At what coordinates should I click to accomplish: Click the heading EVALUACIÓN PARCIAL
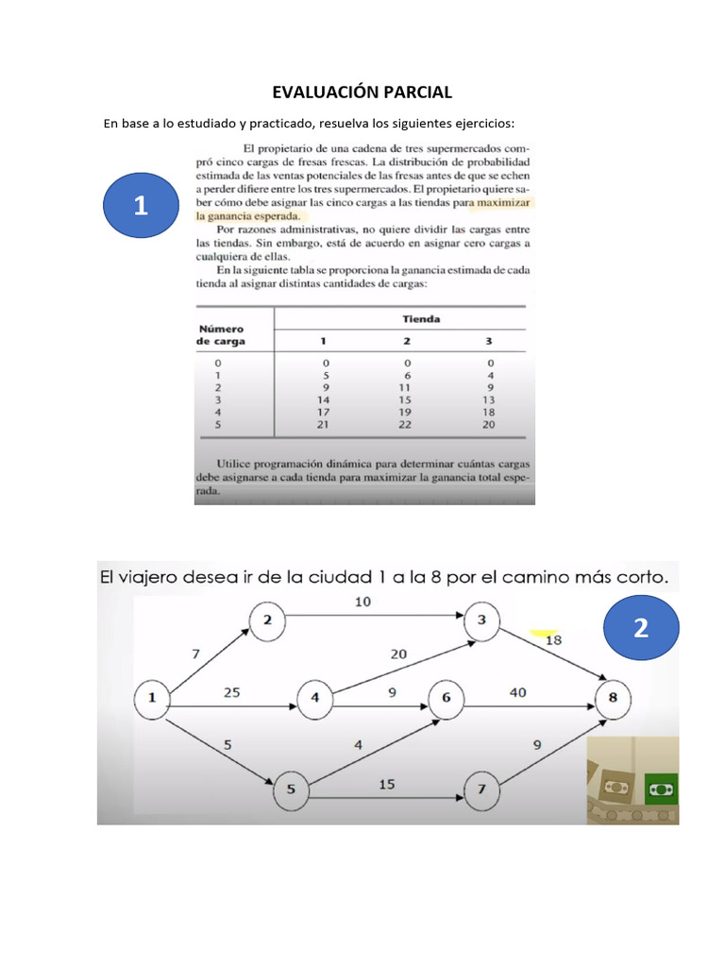(x=362, y=92)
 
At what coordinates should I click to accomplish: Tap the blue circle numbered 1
(x=141, y=206)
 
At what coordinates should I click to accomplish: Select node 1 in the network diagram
(x=152, y=699)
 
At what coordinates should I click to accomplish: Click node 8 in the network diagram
(x=613, y=699)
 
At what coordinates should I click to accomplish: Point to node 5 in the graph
(x=291, y=789)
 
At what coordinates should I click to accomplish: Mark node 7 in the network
(x=481, y=789)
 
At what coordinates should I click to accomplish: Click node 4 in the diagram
(x=314, y=699)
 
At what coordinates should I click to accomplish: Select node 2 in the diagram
(x=267, y=619)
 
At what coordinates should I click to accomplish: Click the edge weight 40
(x=517, y=691)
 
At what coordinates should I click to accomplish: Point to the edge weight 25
(x=231, y=691)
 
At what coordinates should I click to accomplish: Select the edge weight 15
(x=387, y=783)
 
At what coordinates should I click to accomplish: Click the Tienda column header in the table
(x=422, y=319)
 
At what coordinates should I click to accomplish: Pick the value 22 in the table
(x=408, y=424)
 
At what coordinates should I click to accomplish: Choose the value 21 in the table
(x=325, y=424)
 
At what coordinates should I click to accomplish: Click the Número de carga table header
(x=221, y=334)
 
